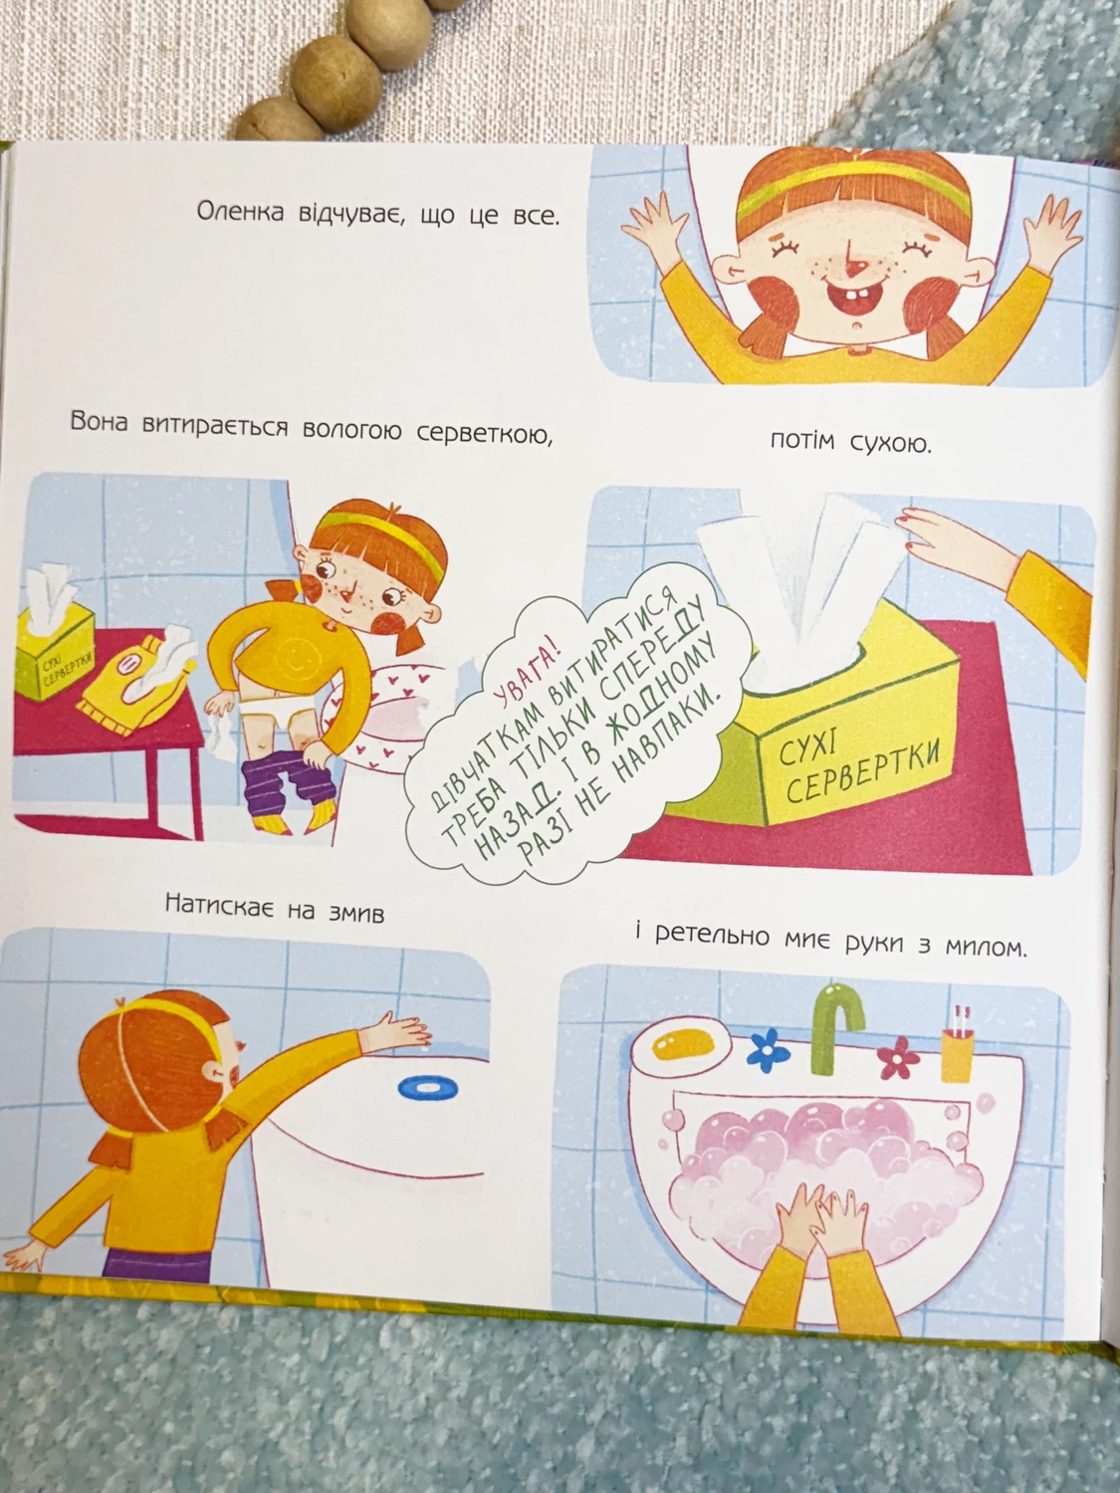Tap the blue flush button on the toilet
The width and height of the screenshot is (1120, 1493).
(428, 1087)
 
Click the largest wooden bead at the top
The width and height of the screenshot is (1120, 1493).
(337, 83)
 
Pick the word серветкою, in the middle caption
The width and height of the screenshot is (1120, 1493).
(484, 433)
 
